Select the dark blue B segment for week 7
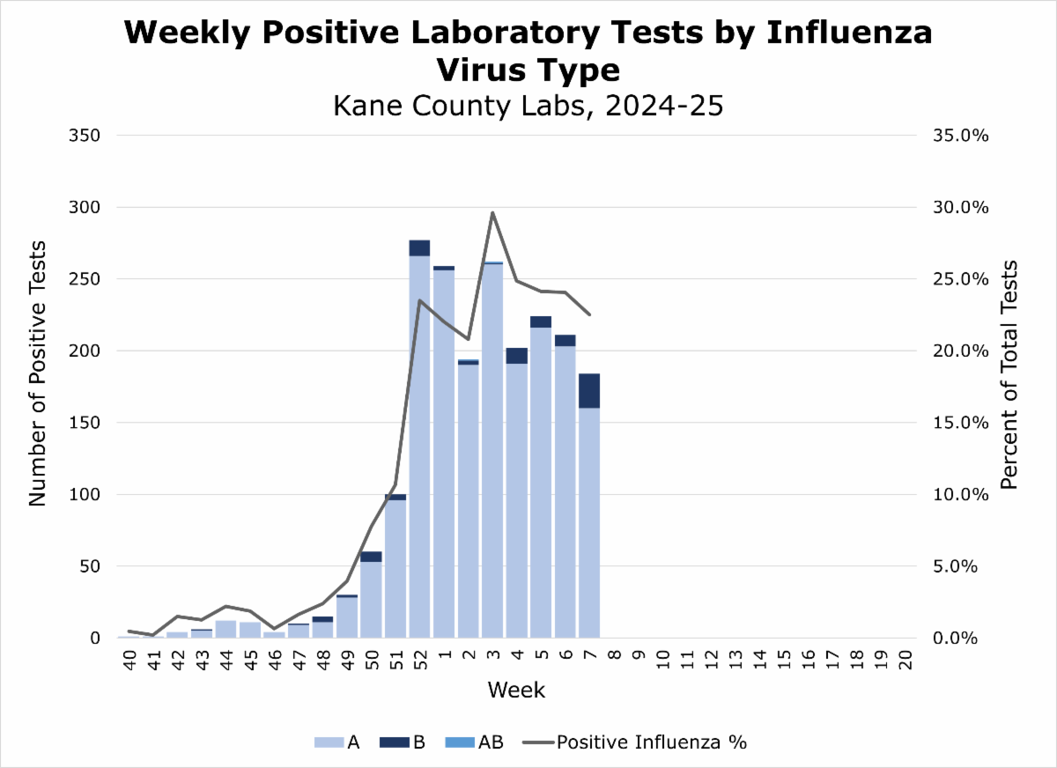point(588,390)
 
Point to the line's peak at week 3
point(492,212)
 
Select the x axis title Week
point(516,690)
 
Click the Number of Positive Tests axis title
point(37,386)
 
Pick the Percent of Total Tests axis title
point(1009,374)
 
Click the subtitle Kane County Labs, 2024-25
point(528,106)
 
